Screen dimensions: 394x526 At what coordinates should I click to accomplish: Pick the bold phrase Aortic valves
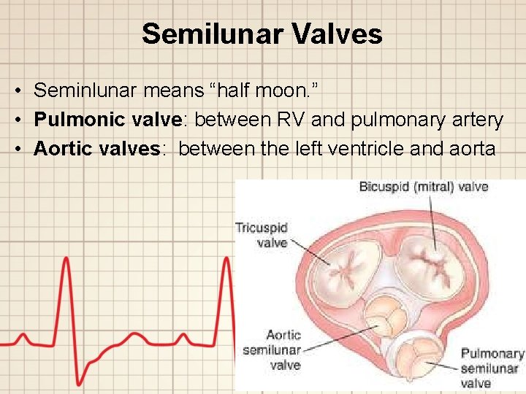[x=96, y=148]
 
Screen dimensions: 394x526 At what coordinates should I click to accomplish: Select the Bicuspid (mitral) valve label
[x=423, y=187]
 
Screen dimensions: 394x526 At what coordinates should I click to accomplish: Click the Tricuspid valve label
[x=261, y=234]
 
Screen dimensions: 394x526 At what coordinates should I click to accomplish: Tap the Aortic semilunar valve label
[x=271, y=349]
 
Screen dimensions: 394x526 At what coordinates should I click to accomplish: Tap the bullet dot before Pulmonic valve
[x=15, y=120]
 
